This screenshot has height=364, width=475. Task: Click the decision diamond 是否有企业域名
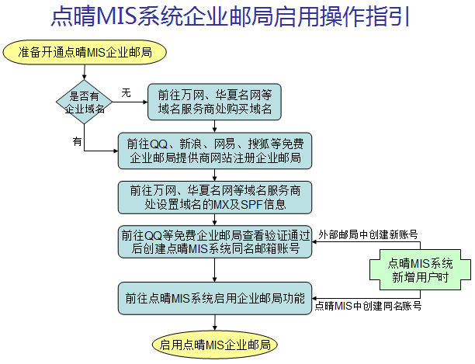[x=85, y=102]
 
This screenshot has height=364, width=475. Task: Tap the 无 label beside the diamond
[x=127, y=92]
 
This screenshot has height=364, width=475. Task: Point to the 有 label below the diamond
[x=77, y=141]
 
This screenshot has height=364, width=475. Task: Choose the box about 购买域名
[x=214, y=102]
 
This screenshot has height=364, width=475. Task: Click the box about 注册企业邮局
[x=214, y=151]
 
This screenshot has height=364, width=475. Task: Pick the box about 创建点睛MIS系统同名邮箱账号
[x=214, y=242]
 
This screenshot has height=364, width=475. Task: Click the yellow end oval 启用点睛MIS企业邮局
[x=214, y=344]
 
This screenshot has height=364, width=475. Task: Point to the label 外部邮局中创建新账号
[x=367, y=233]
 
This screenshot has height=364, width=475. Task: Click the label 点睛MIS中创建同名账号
[x=368, y=307]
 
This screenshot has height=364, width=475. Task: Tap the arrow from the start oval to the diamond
[x=85, y=71]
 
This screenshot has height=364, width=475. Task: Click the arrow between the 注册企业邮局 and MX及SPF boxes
[x=214, y=175]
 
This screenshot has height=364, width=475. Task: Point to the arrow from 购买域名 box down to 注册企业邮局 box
[x=214, y=126]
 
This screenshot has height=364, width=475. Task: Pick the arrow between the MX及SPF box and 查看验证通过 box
[x=214, y=220]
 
